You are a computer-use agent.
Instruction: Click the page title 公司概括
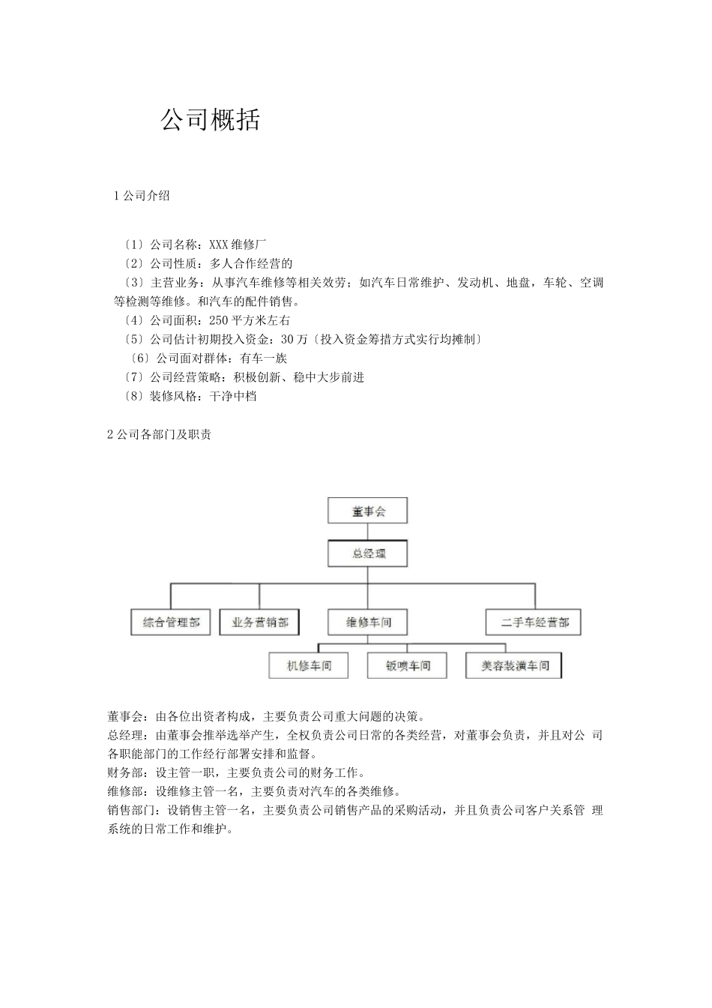click(211, 120)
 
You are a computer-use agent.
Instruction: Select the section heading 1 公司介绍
click(142, 196)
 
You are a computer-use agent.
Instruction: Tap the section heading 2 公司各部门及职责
click(160, 434)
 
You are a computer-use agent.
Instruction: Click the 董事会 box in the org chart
click(368, 511)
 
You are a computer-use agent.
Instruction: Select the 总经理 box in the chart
click(368, 554)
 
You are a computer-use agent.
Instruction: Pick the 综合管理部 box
click(171, 622)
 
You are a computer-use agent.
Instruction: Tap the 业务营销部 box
click(259, 622)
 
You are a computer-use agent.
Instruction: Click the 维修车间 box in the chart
click(368, 622)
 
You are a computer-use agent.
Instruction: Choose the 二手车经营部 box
click(534, 622)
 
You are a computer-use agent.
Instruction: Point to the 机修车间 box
click(309, 665)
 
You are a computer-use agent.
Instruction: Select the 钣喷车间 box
click(408, 665)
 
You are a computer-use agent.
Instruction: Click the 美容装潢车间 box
click(514, 665)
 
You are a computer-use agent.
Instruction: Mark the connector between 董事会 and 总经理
click(368, 532)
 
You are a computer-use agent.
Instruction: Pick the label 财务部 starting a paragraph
click(125, 772)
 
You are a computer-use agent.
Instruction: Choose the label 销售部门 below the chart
click(131, 810)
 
